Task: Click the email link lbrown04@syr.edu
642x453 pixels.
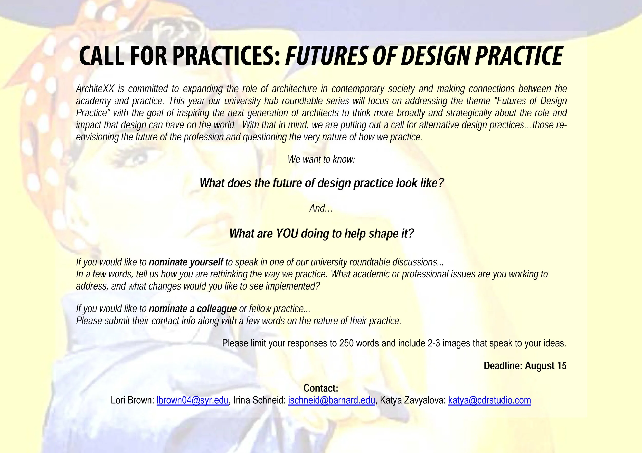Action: click(192, 400)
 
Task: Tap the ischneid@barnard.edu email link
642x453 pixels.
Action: click(331, 400)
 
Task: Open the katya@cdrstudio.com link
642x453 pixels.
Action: click(489, 400)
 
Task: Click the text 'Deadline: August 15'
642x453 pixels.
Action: click(525, 366)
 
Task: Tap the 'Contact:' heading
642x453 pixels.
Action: click(321, 388)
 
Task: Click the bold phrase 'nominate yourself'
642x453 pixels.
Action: click(186, 262)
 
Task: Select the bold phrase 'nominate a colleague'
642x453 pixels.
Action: click(193, 309)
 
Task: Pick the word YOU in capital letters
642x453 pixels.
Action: click(287, 234)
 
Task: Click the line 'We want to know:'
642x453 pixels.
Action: click(321, 160)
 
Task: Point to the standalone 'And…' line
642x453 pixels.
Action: click(321, 208)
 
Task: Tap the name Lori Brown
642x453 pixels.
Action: click(132, 400)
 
